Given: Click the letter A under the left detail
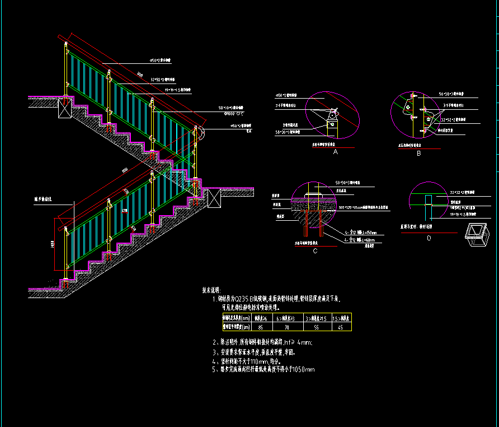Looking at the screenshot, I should click(x=336, y=151).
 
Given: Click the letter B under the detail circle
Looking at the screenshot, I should click(x=418, y=152).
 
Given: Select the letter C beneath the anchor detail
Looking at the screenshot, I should click(x=316, y=250).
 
